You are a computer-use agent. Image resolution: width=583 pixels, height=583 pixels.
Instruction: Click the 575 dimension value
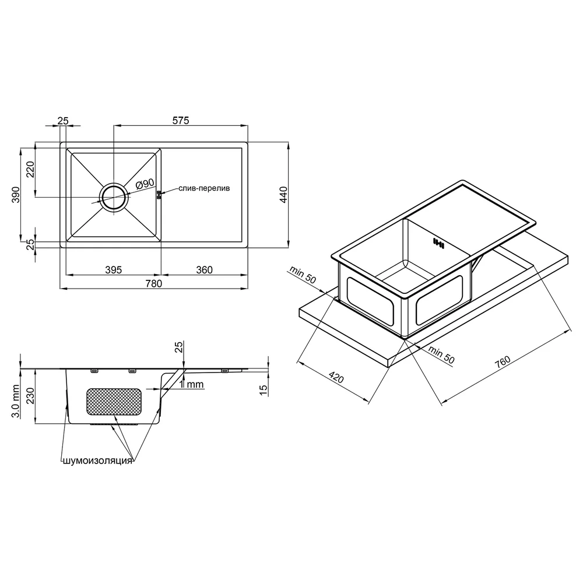[x=181, y=121]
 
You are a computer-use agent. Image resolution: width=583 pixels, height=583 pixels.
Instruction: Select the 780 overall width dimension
[x=153, y=284]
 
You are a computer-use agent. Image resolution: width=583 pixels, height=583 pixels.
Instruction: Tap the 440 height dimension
[x=283, y=195]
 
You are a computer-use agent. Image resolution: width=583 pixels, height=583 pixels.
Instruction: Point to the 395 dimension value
[x=114, y=270]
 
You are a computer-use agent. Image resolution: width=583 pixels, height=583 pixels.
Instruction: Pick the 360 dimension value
[x=204, y=270]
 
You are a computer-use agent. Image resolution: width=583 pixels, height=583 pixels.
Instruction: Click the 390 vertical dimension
[x=16, y=195]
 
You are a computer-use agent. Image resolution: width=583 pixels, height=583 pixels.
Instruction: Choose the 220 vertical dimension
[x=30, y=169]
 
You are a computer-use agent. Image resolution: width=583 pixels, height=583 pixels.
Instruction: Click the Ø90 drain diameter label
[x=145, y=184]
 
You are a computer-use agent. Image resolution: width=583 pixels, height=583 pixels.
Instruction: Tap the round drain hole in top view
[x=114, y=198]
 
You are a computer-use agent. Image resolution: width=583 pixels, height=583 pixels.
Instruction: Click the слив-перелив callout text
[x=204, y=188]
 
